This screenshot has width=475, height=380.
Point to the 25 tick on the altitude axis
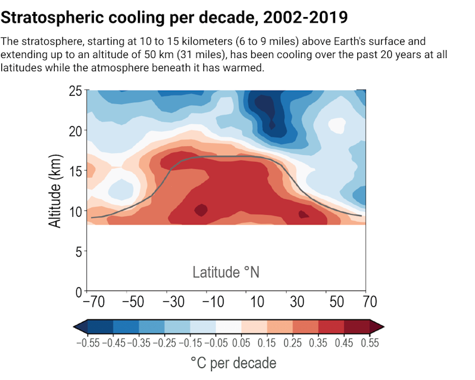(x=75, y=91)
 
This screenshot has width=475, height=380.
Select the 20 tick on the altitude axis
(x=75, y=131)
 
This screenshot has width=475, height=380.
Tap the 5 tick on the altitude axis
(x=78, y=252)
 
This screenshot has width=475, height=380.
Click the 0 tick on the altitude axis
(x=78, y=292)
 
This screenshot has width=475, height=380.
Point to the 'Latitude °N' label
(x=226, y=272)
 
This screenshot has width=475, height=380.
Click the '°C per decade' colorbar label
(x=232, y=364)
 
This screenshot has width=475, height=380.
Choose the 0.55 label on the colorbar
(x=370, y=343)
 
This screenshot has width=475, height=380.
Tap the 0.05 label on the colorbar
(x=241, y=343)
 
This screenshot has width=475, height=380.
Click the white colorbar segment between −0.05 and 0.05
(x=229, y=326)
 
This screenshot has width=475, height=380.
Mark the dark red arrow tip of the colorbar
(x=377, y=326)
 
